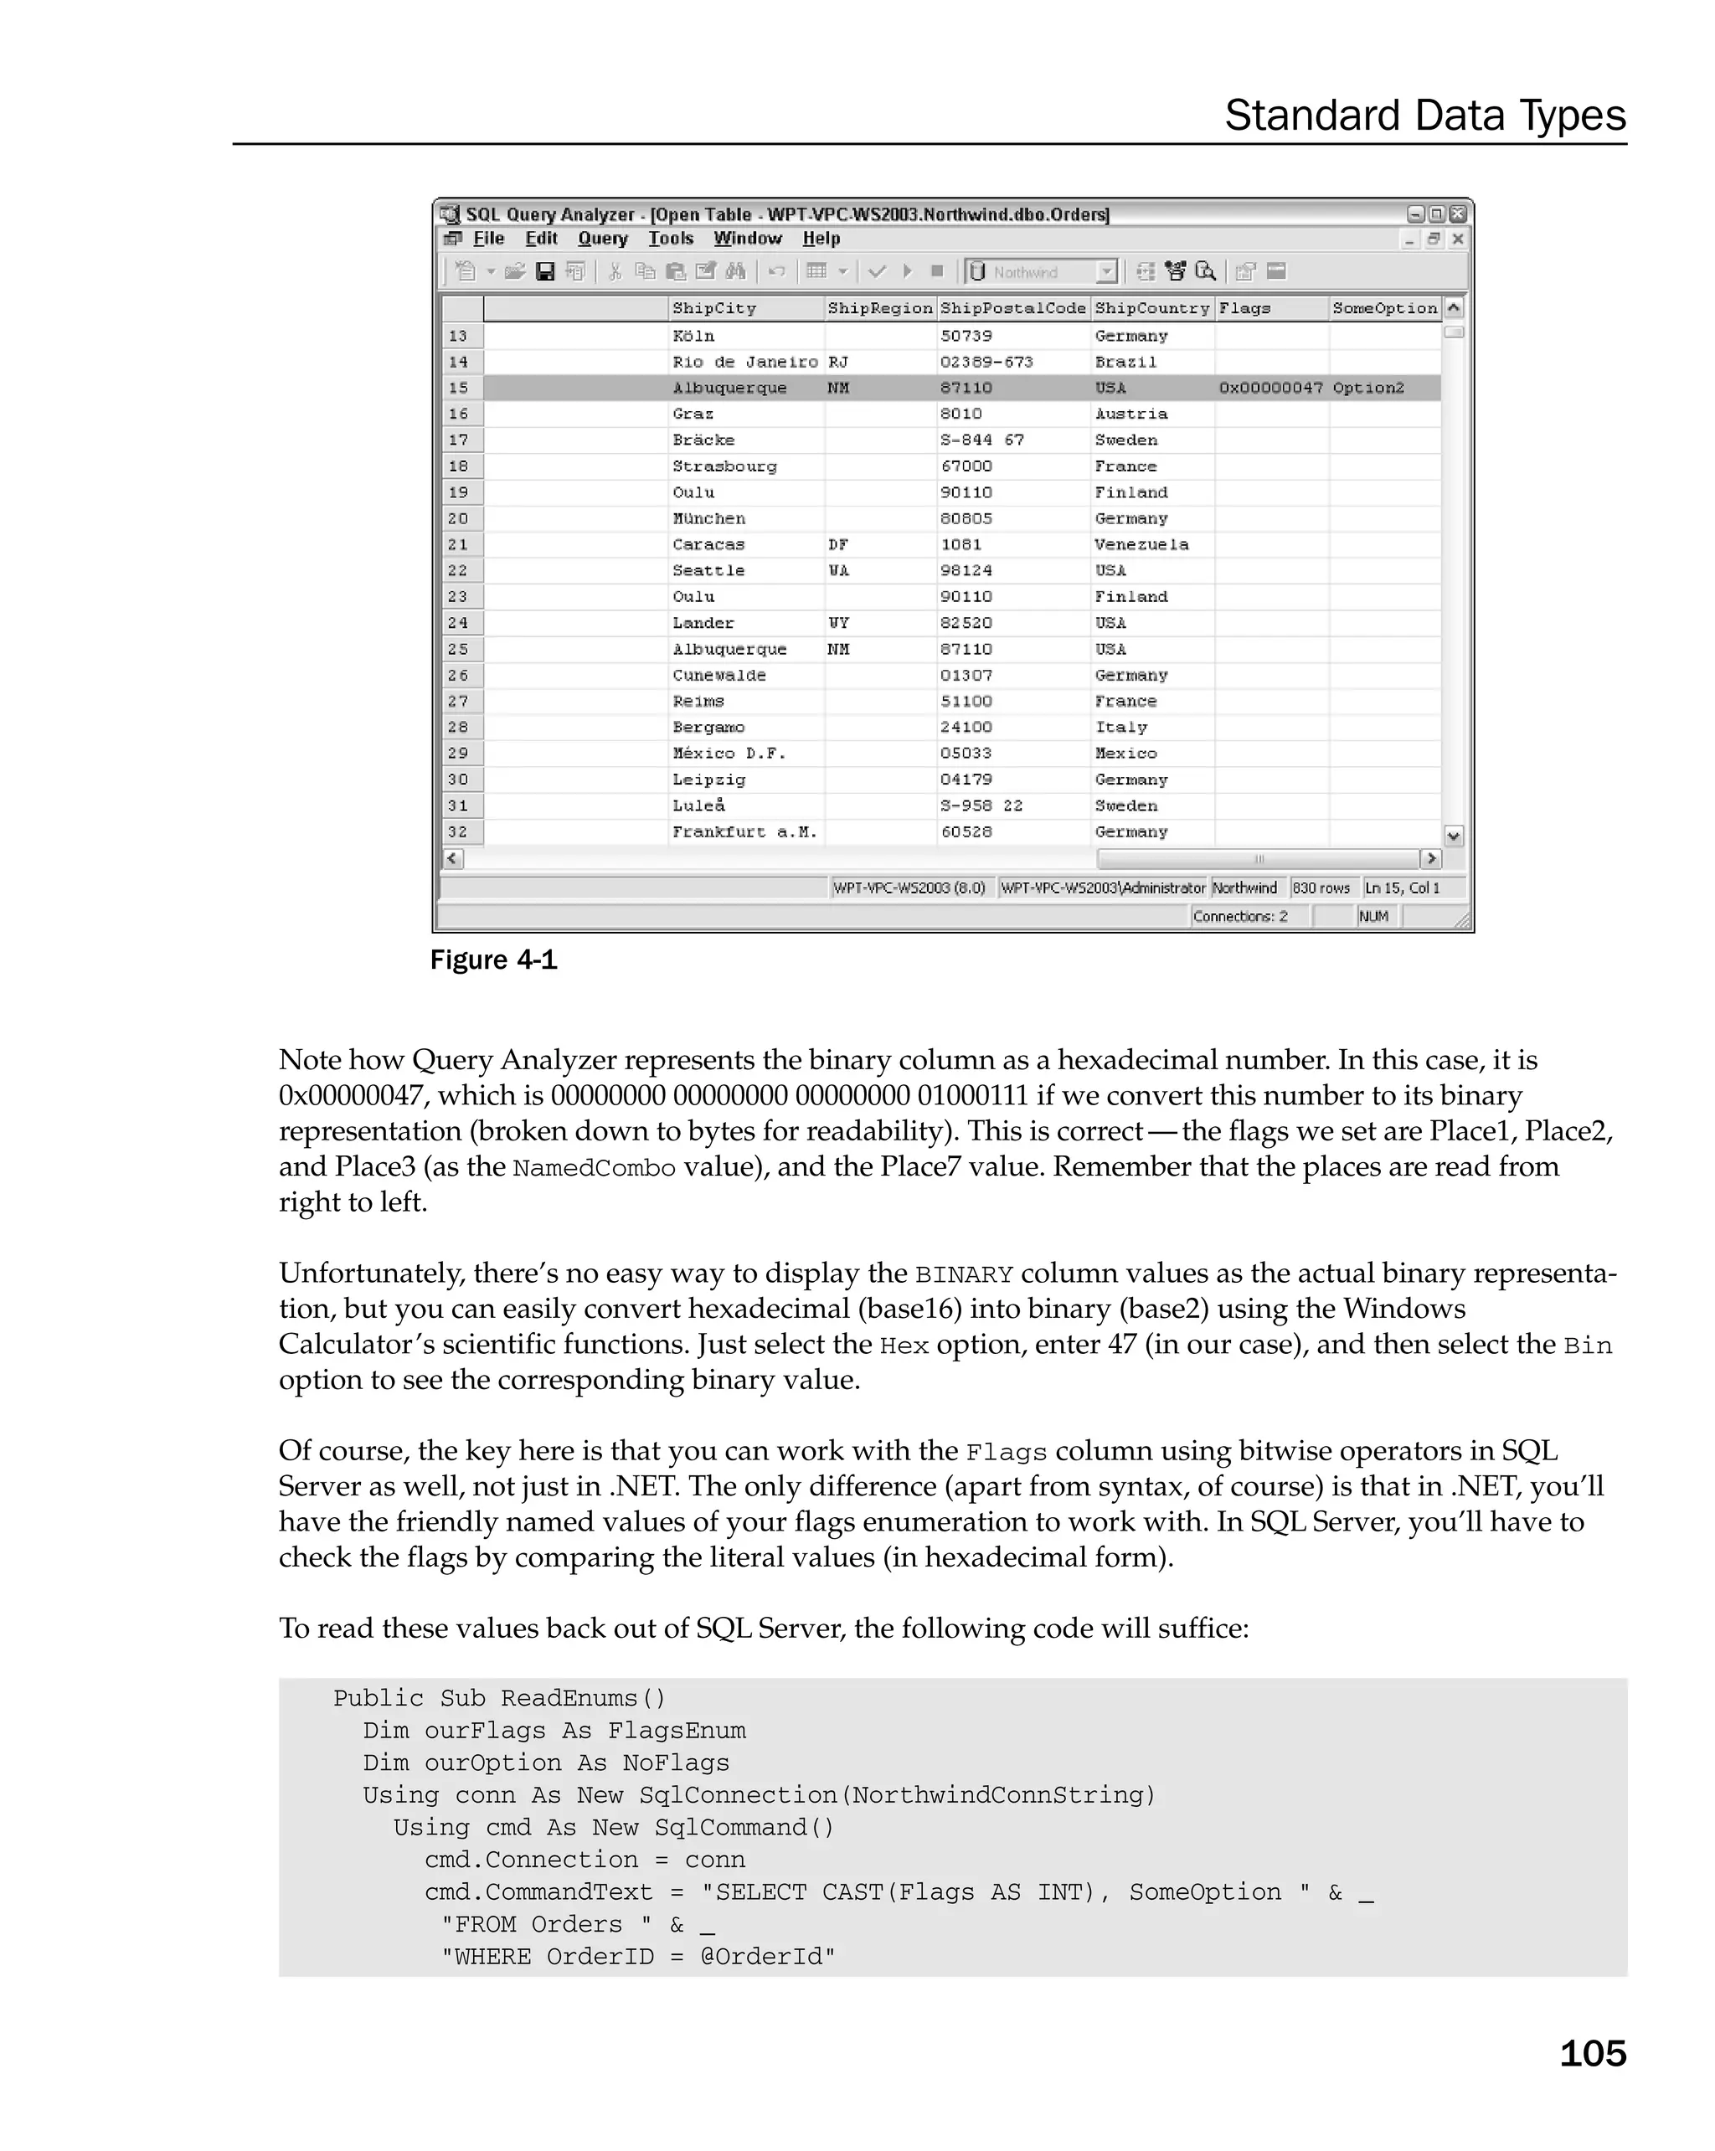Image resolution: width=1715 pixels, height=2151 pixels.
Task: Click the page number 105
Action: [x=1591, y=2052]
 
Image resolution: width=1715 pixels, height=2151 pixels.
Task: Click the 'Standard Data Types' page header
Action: [x=1424, y=116]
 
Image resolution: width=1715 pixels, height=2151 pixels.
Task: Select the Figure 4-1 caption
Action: [x=493, y=959]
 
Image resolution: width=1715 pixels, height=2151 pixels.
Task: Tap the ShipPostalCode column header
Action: [x=1012, y=308]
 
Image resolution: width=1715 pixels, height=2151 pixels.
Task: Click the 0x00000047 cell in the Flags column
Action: [x=1270, y=389]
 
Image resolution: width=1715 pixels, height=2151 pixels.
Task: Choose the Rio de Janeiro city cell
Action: [x=744, y=363]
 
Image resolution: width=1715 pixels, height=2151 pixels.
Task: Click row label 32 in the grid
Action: [x=458, y=832]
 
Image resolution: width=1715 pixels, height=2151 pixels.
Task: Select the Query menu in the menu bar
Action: [x=603, y=239]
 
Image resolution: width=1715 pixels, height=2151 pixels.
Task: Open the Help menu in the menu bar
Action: [x=821, y=239]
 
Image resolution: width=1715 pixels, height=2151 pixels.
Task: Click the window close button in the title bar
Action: [x=1458, y=214]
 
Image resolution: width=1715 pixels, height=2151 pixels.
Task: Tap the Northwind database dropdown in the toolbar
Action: [x=1041, y=271]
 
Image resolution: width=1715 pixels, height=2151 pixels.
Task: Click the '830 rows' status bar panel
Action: [x=1320, y=888]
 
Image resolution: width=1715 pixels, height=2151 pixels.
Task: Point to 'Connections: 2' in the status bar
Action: [x=1240, y=916]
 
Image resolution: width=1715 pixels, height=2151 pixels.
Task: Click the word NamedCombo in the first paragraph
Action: [x=594, y=1168]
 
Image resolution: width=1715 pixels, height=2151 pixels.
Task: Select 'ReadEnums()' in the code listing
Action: [x=583, y=1699]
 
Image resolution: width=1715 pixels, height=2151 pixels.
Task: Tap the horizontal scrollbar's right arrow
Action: [x=1430, y=858]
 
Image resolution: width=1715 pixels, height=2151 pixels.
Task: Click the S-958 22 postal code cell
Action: [x=981, y=806]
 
